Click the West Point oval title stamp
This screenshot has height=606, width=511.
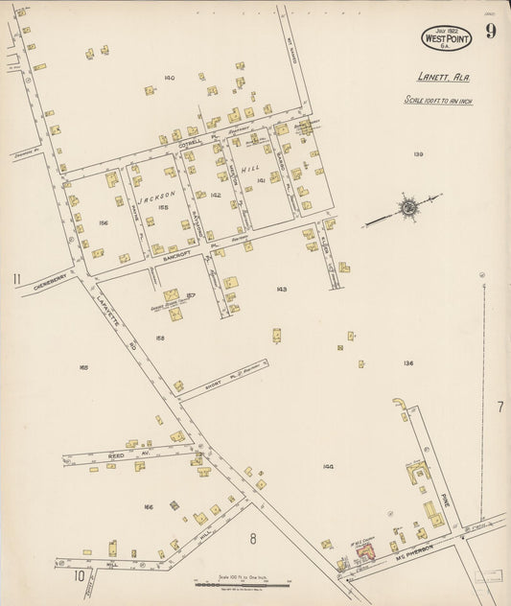445,38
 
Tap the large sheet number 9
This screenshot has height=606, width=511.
491,32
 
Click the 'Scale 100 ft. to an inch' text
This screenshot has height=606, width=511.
438,100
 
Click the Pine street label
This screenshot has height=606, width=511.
445,498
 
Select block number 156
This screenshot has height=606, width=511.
103,223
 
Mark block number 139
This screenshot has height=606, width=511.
418,154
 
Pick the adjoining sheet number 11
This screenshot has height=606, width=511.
16,280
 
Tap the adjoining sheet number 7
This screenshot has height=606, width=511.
499,408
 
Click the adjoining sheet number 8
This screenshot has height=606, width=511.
253,538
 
